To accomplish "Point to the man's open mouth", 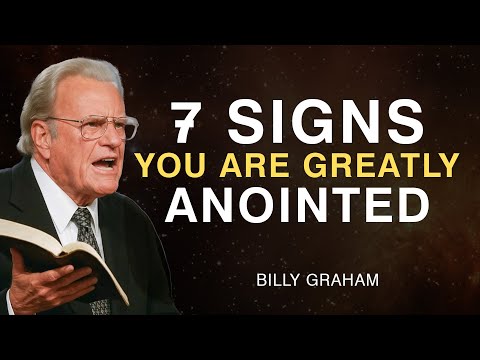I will [103, 163].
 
